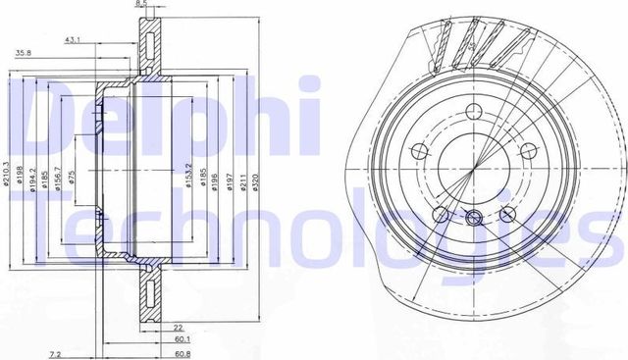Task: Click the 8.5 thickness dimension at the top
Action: [x=142, y=5]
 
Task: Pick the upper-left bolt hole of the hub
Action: [x=421, y=150]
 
